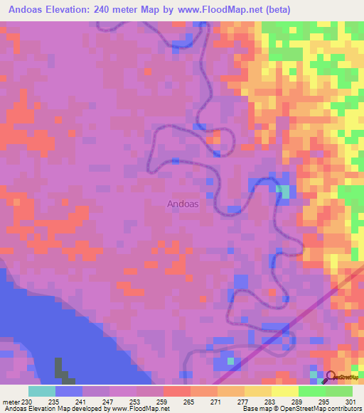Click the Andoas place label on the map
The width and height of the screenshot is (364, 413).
[182, 204]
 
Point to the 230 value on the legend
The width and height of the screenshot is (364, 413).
[27, 401]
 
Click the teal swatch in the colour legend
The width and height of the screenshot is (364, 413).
[42, 391]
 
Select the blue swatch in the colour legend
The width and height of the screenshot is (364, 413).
[69, 391]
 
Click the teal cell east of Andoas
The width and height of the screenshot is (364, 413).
[284, 192]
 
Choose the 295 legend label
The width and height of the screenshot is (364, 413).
[321, 401]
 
